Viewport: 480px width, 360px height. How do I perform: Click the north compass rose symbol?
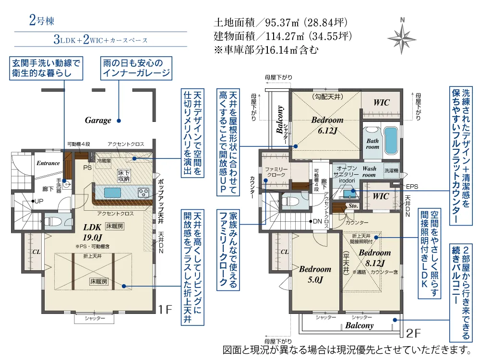(x=402, y=36)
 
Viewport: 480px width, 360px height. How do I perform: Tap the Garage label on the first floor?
(x=98, y=120)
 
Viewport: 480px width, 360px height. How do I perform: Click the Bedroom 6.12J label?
(x=327, y=125)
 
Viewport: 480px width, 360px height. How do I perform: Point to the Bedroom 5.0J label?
(x=315, y=274)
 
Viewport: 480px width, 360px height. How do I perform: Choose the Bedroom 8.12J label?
(x=374, y=257)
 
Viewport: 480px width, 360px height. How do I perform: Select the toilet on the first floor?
(x=56, y=220)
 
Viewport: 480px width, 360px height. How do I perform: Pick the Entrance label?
(x=48, y=163)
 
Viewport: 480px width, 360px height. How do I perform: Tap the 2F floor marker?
(x=413, y=333)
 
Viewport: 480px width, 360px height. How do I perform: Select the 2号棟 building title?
(x=42, y=21)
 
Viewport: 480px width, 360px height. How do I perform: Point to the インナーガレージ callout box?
(x=135, y=68)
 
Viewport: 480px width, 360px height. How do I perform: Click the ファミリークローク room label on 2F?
(x=276, y=172)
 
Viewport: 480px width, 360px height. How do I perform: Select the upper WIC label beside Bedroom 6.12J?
(x=382, y=103)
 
